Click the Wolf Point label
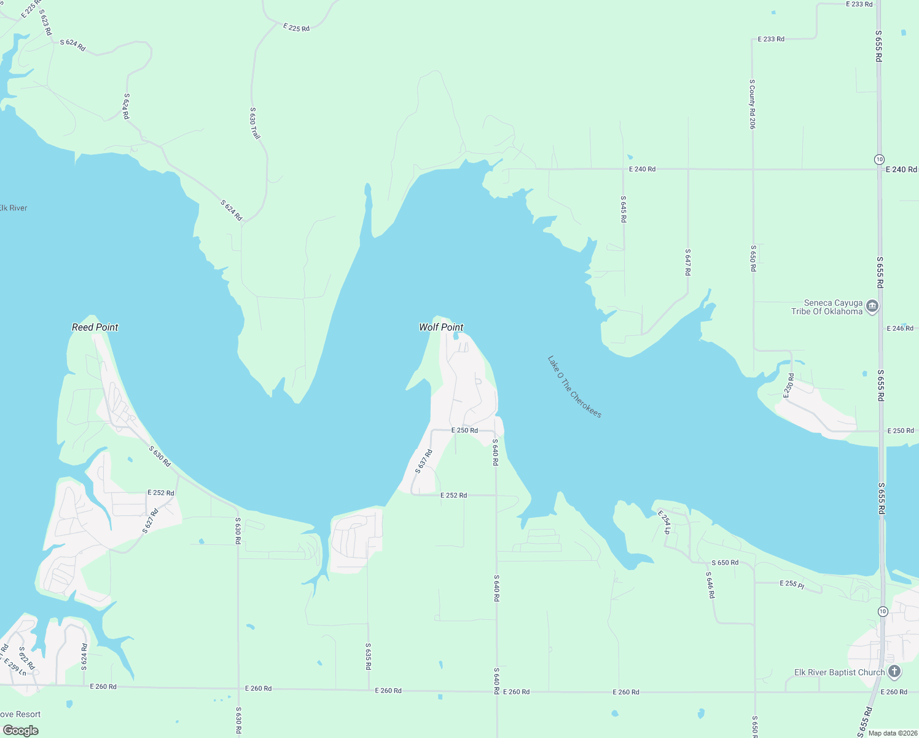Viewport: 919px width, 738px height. [441, 327]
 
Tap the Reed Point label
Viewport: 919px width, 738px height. [95, 327]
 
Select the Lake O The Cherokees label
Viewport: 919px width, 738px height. [574, 387]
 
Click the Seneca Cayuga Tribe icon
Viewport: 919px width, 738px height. [872, 306]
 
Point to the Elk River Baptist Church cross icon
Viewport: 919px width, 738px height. [894, 672]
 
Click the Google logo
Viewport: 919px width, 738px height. [21, 730]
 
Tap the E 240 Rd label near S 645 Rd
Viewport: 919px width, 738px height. [642, 169]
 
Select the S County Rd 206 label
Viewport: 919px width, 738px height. [752, 104]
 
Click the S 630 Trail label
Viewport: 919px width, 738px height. [255, 123]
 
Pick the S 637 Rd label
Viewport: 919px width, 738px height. [424, 461]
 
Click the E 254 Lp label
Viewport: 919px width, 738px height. [664, 522]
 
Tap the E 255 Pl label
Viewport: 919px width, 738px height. [792, 584]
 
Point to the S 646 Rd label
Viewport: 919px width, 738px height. [710, 585]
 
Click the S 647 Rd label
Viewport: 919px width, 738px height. [688, 262]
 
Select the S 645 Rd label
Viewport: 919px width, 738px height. [623, 209]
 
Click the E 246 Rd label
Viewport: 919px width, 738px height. [900, 328]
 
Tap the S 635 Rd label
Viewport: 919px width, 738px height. [368, 656]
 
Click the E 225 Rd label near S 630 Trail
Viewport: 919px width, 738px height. [296, 28]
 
